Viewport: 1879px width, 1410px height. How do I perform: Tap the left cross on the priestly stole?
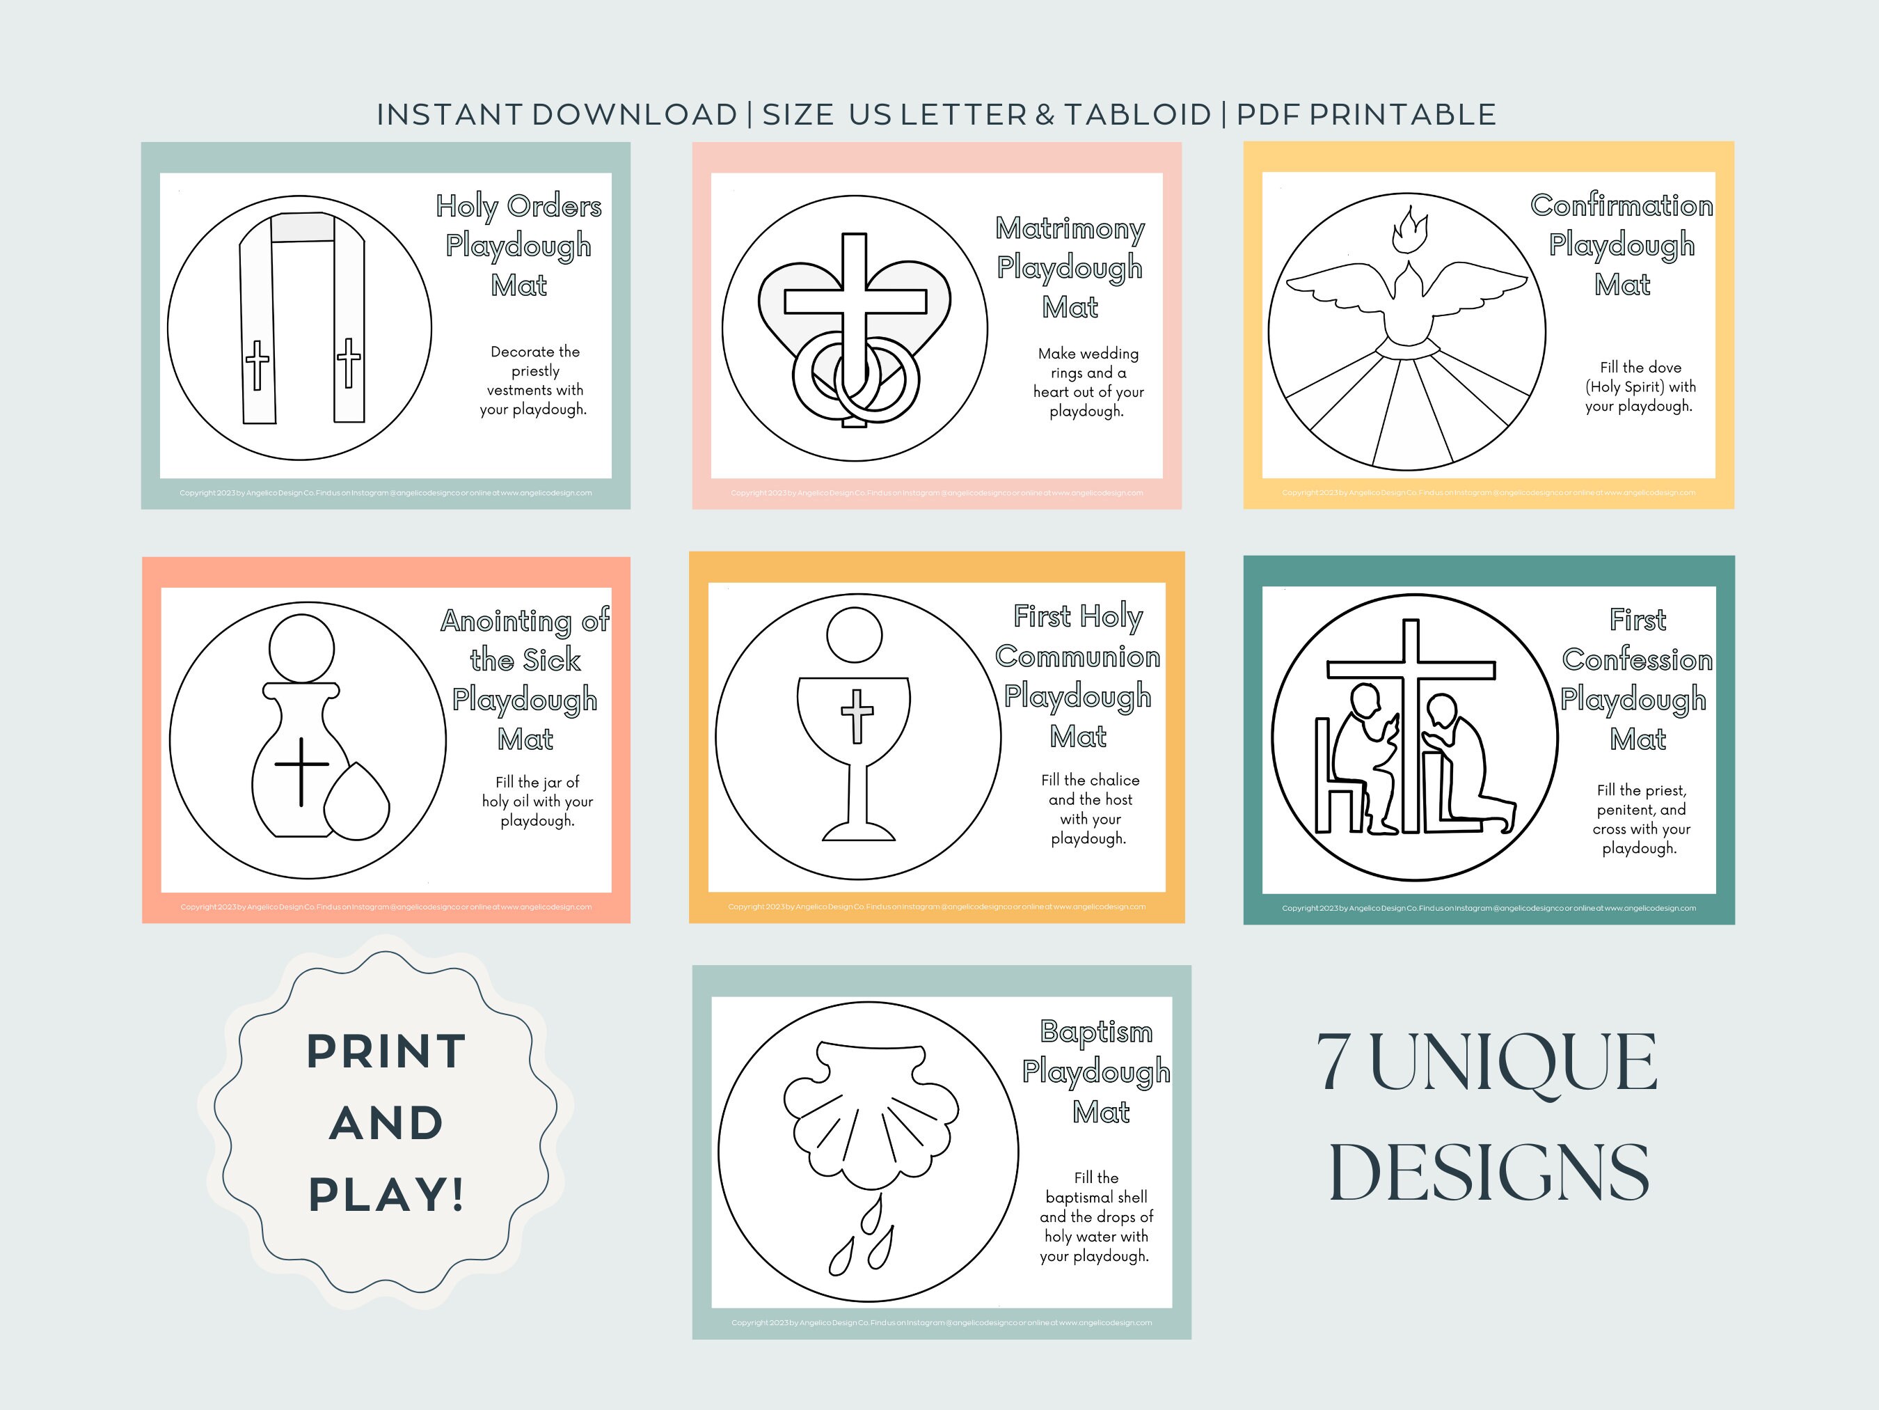(x=257, y=366)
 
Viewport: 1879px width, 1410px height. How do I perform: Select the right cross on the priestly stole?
(x=348, y=362)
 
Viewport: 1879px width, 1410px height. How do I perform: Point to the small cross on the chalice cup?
(x=857, y=715)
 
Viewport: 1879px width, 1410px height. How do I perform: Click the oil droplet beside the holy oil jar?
(x=358, y=803)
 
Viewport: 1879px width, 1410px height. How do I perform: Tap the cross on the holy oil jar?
(x=301, y=770)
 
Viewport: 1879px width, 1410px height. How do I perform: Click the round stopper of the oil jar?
(x=301, y=648)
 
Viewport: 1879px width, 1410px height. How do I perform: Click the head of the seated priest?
(x=1368, y=702)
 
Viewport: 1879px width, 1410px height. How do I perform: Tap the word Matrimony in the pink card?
(x=1070, y=228)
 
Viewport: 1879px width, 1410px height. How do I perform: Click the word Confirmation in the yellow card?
(x=1622, y=205)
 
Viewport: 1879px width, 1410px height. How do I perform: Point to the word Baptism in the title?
(x=1096, y=1032)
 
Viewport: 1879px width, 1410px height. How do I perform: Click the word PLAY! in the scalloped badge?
(x=386, y=1194)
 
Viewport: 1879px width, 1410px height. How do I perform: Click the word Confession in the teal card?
(x=1637, y=659)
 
